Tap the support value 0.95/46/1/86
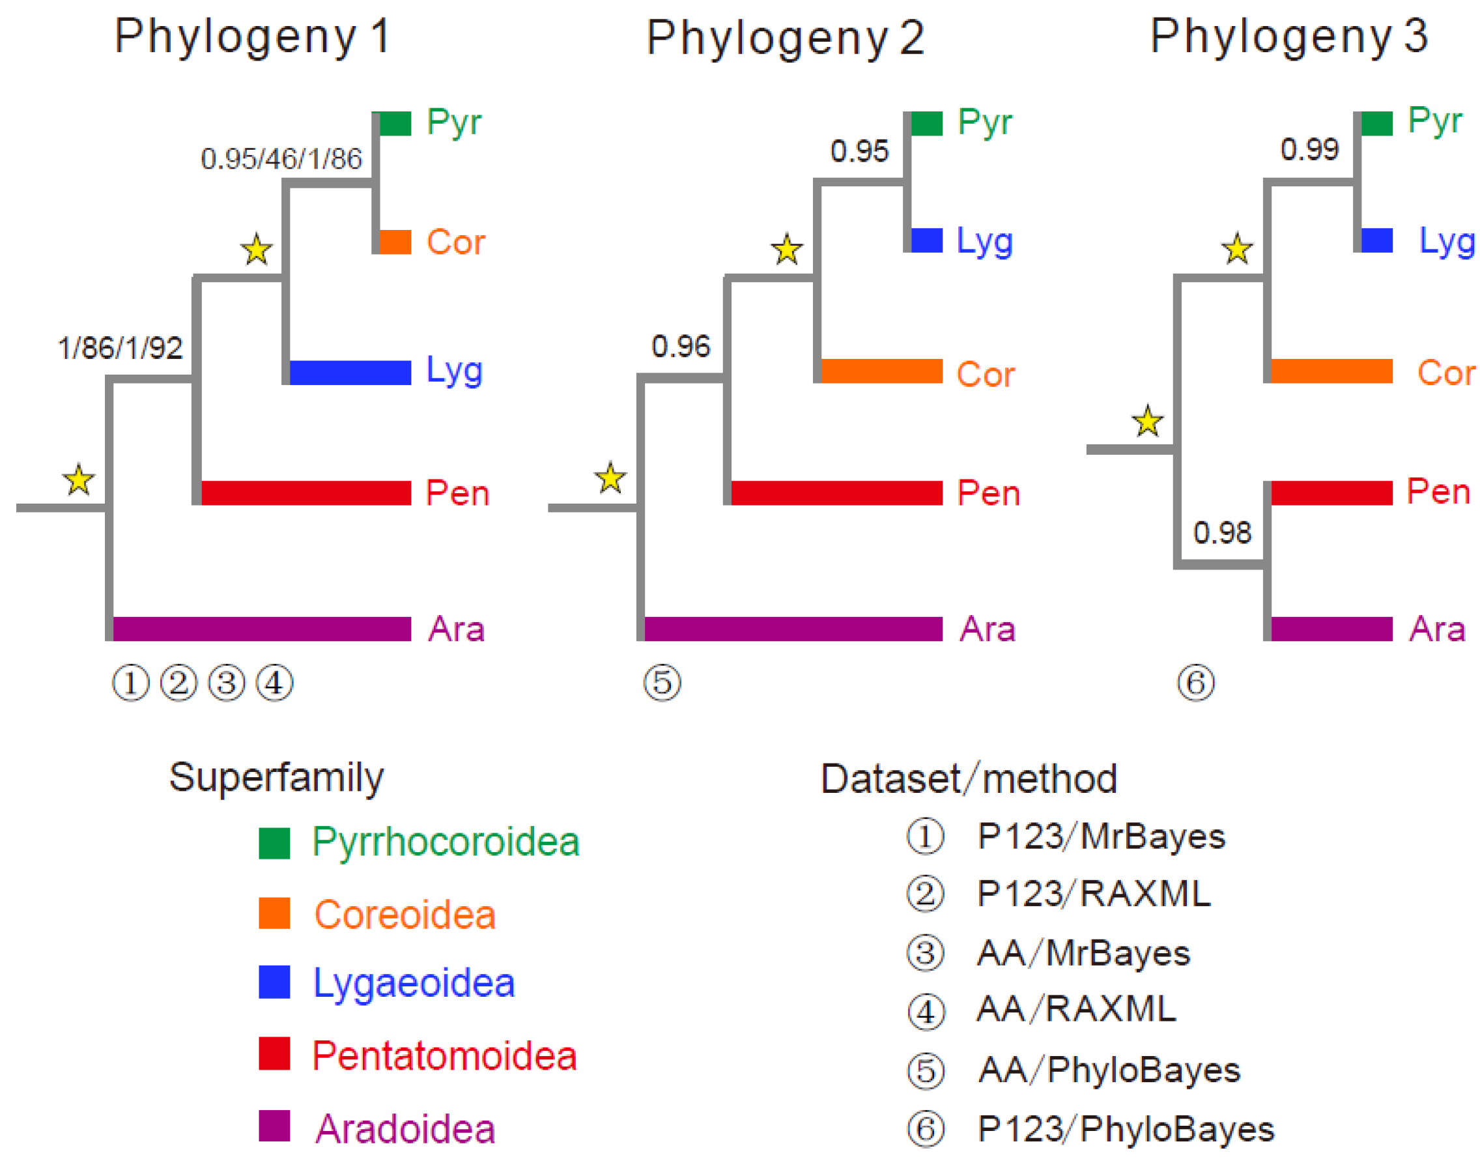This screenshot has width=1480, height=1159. click(x=281, y=159)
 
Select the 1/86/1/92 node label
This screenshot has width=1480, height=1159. click(x=120, y=348)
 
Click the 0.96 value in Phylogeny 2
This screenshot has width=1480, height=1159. click(x=680, y=347)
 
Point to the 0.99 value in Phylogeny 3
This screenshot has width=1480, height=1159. click(x=1308, y=149)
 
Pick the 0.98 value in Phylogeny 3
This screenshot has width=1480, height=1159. click(x=1221, y=532)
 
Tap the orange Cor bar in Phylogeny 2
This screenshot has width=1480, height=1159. click(x=880, y=371)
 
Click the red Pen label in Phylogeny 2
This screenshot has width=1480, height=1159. click(x=988, y=493)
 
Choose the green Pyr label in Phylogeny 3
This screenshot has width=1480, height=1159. click(x=1434, y=122)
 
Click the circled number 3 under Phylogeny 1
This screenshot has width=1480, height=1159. click(x=226, y=683)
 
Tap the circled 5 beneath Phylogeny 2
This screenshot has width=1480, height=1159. click(x=662, y=683)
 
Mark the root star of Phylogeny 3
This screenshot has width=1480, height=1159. click(x=1147, y=422)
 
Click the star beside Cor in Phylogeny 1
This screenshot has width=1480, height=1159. click(x=257, y=250)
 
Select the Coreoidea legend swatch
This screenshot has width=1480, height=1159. click(x=274, y=913)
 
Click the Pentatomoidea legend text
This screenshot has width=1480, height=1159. click(x=444, y=1056)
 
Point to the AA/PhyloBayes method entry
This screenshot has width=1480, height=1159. click(x=1108, y=1070)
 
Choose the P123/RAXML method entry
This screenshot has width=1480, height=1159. click(x=1093, y=893)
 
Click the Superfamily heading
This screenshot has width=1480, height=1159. click(x=276, y=777)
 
